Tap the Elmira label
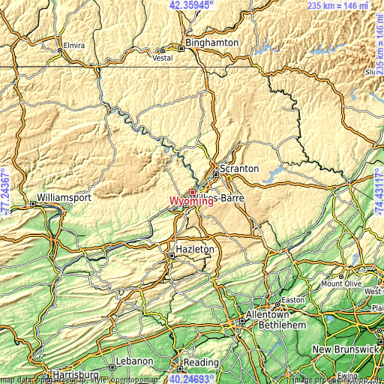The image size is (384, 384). (73, 43)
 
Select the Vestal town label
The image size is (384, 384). (163, 57)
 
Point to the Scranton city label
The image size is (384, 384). (239, 169)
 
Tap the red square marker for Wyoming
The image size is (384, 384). (193, 193)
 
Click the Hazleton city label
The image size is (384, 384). (194, 249)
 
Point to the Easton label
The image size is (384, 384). (292, 299)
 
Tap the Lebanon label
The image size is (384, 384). (135, 361)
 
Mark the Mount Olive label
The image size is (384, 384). (341, 284)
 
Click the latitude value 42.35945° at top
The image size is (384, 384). (191, 4)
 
